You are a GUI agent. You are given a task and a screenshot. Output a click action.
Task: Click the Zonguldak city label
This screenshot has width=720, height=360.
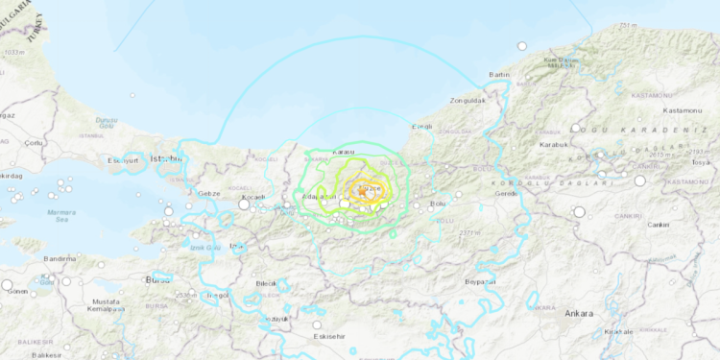coord(470,100)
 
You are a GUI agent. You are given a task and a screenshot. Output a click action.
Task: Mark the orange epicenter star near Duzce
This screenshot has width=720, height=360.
coord(363,191)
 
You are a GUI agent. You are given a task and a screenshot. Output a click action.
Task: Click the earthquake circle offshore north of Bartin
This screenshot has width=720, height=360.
coord(522,45)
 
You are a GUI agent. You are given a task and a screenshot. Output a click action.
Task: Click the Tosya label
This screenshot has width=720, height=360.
coord(704,162)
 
